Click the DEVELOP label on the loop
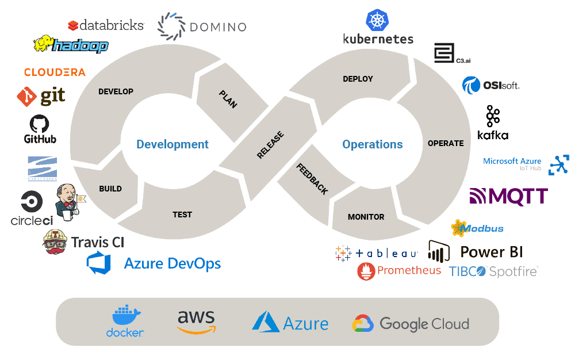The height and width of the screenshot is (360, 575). [x=116, y=91]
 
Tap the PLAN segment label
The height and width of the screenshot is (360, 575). [x=228, y=99]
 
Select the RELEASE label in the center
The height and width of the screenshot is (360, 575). [x=270, y=145]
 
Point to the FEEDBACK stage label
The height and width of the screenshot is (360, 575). [x=312, y=178]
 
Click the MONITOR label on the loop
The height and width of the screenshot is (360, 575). [x=366, y=217]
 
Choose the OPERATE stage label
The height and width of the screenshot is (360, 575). [x=446, y=143]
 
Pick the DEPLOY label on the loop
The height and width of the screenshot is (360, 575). [x=358, y=79]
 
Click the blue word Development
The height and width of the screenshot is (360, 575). [x=172, y=144]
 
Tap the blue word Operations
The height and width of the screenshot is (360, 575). [x=373, y=144]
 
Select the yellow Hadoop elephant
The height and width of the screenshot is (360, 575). [x=44, y=44]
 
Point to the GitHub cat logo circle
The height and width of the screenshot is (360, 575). [x=39, y=124]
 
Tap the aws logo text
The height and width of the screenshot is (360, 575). [x=196, y=317]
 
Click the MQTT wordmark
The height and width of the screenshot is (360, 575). [x=508, y=197]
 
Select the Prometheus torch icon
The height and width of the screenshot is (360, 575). [x=366, y=271]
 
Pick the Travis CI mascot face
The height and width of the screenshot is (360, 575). [x=56, y=242]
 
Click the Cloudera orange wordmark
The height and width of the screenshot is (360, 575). [x=55, y=72]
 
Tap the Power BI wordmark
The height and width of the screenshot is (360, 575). [x=492, y=252]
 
